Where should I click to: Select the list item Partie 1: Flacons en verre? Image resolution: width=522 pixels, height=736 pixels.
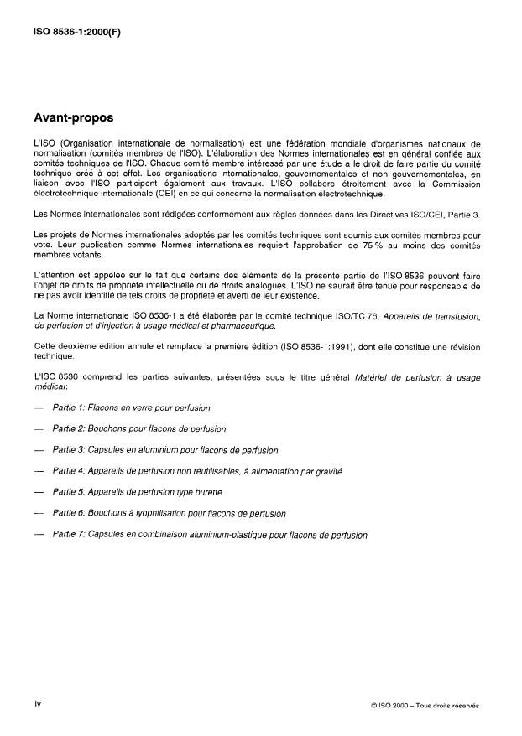131,407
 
